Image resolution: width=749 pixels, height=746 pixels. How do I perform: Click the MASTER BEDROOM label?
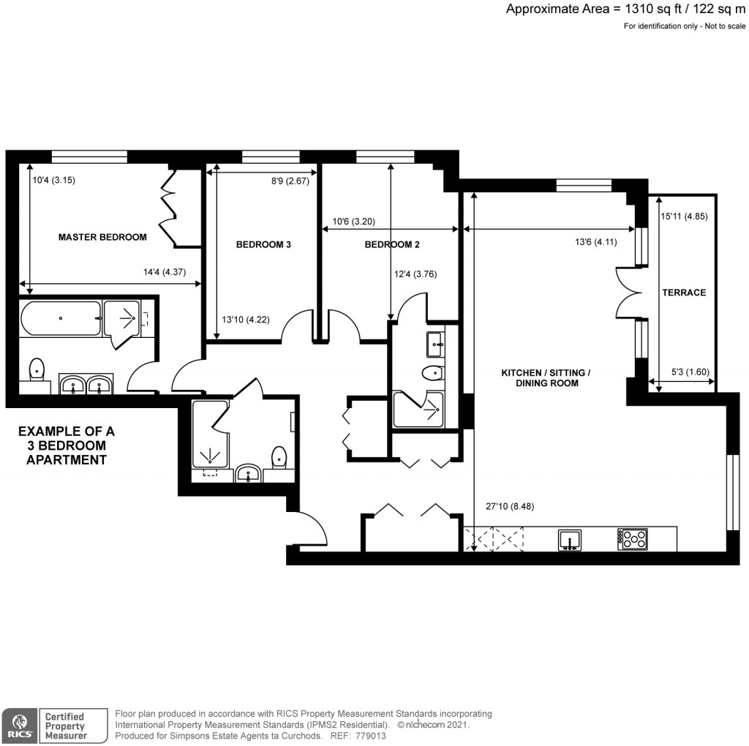tap(102, 237)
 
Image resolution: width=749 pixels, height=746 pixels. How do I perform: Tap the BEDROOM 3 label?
tap(263, 245)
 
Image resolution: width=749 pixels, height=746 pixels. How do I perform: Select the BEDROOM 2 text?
tap(392, 245)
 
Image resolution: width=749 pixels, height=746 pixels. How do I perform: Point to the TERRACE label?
tap(684, 293)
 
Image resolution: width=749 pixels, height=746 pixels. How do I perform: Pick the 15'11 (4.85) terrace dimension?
tap(684, 216)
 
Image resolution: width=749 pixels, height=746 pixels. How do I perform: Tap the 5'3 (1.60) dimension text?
tap(690, 372)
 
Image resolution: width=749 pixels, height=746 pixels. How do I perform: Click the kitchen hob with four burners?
tap(633, 540)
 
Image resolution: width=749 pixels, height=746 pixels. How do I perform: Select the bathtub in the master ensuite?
tap(60, 319)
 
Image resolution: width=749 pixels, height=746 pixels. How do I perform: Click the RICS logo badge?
tap(20, 725)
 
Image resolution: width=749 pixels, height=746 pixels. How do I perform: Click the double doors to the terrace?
tap(628, 293)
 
